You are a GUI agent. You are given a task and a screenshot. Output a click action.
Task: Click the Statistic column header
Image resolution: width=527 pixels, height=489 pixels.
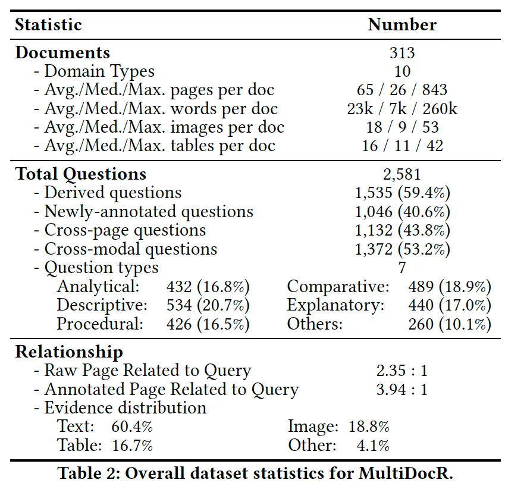(48, 24)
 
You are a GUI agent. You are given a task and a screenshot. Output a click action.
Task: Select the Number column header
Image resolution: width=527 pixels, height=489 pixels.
(402, 24)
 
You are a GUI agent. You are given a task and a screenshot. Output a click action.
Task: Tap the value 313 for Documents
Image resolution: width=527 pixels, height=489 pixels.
(402, 53)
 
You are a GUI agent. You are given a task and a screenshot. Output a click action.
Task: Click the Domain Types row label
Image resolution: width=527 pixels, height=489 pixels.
(95, 71)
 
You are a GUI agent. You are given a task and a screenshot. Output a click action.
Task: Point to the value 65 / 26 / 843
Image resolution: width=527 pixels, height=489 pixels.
(402, 90)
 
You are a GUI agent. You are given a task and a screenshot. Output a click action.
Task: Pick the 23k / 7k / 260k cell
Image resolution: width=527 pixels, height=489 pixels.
(402, 108)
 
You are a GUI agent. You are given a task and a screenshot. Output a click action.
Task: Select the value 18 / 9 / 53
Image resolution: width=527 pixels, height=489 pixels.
(402, 127)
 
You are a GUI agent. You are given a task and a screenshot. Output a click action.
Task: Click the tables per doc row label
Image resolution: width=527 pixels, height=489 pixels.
(155, 146)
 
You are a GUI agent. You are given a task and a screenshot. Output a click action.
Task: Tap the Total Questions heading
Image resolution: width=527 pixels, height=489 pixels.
(81, 174)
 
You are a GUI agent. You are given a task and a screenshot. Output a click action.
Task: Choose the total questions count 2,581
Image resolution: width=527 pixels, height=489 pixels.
(402, 174)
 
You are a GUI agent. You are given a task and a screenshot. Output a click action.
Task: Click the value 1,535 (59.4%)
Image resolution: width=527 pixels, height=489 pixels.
(402, 193)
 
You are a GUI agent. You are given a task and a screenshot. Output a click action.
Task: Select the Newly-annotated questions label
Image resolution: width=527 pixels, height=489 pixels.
(143, 212)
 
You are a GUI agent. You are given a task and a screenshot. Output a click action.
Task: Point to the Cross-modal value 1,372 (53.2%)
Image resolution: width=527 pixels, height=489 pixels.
(402, 249)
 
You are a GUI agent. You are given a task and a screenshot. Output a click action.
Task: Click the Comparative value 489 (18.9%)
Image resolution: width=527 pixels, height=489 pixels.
(450, 287)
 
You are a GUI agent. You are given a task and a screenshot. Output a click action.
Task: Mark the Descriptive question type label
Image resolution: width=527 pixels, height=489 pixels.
(102, 305)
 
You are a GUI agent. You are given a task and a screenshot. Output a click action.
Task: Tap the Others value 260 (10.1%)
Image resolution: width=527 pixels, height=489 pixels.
(450, 324)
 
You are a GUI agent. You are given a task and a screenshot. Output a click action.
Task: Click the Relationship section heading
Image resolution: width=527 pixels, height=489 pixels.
(69, 352)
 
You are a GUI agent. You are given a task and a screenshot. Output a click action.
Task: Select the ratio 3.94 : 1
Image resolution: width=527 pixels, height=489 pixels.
(402, 390)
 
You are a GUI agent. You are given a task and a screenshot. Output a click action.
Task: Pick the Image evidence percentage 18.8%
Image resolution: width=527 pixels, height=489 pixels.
(369, 427)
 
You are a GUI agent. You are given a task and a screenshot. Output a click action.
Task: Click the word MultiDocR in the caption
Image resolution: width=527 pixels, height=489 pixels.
(406, 473)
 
